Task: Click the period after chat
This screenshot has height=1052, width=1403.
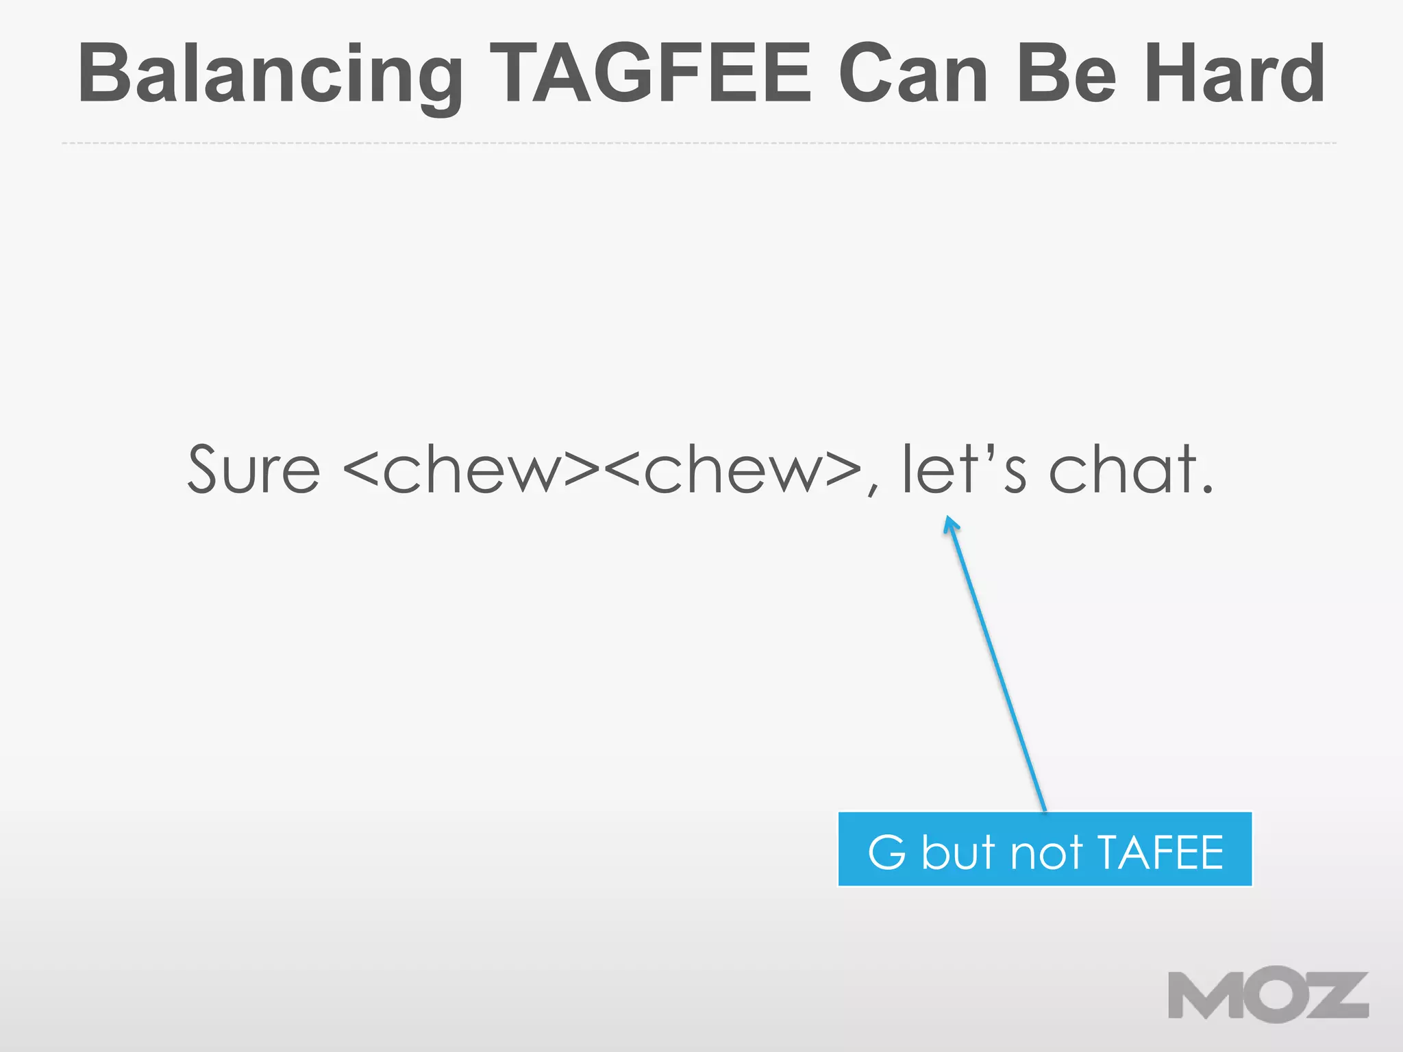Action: click(1207, 489)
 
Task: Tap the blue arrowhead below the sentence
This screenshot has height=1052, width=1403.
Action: click(950, 525)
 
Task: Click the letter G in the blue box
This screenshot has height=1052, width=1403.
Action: click(886, 852)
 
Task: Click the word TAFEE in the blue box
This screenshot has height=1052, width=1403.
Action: click(1160, 852)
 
